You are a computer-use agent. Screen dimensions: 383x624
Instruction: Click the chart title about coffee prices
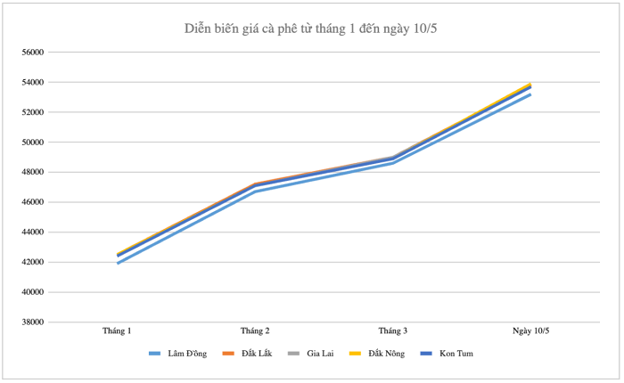[310, 29]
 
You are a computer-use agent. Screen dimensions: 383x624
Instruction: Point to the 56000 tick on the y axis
[33, 53]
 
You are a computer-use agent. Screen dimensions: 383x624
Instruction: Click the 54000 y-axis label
[33, 83]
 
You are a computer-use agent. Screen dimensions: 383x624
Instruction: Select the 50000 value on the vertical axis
[33, 143]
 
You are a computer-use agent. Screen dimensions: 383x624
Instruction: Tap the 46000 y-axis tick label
[33, 202]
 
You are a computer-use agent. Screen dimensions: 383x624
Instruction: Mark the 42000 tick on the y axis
[33, 262]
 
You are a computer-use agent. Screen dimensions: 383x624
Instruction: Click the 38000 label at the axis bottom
[33, 322]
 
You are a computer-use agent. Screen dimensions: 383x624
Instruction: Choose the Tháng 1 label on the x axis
[118, 331]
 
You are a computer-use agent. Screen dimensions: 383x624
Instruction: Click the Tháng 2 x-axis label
[255, 331]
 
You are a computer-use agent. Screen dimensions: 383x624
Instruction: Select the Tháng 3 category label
[393, 331]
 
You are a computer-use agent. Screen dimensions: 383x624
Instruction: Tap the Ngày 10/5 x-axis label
[530, 331]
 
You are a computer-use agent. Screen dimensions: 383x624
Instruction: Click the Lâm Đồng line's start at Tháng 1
[118, 263]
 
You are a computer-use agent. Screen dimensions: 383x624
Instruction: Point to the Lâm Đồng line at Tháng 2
[255, 191]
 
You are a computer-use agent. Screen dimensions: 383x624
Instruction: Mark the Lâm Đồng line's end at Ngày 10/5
[530, 94]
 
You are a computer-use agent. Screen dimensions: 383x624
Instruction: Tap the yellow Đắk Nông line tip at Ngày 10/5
[530, 84]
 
